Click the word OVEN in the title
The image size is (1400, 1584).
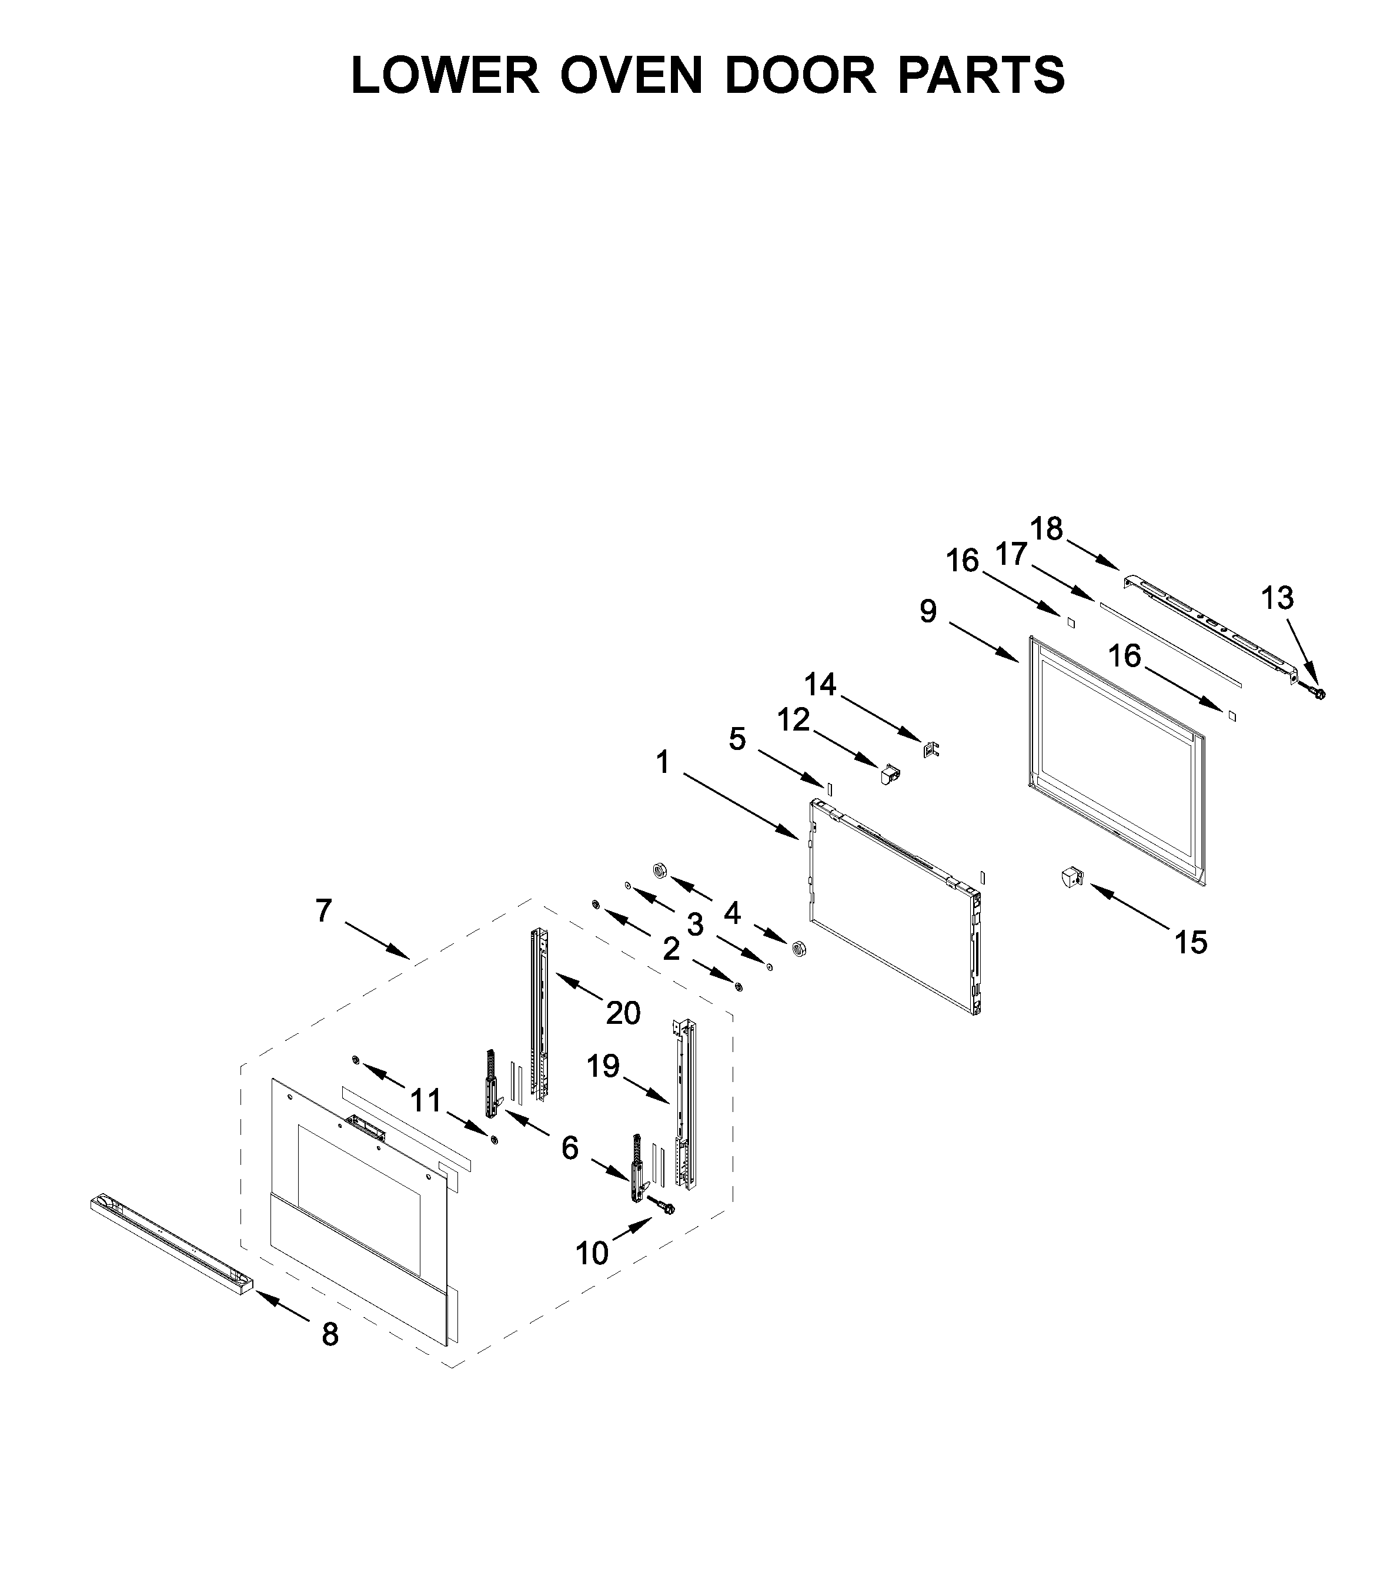pyautogui.click(x=631, y=75)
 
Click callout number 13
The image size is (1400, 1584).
pyautogui.click(x=1277, y=598)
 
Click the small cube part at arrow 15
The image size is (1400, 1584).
pyautogui.click(x=1071, y=878)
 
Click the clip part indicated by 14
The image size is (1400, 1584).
pyautogui.click(x=931, y=749)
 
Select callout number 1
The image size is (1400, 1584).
pyautogui.click(x=662, y=762)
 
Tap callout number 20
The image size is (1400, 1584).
pyautogui.click(x=623, y=1012)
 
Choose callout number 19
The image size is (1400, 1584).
pyautogui.click(x=603, y=1066)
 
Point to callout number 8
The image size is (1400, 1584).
pyautogui.click(x=330, y=1334)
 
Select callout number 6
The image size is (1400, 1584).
pyautogui.click(x=570, y=1148)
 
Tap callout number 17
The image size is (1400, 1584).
pyautogui.click(x=1011, y=554)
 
